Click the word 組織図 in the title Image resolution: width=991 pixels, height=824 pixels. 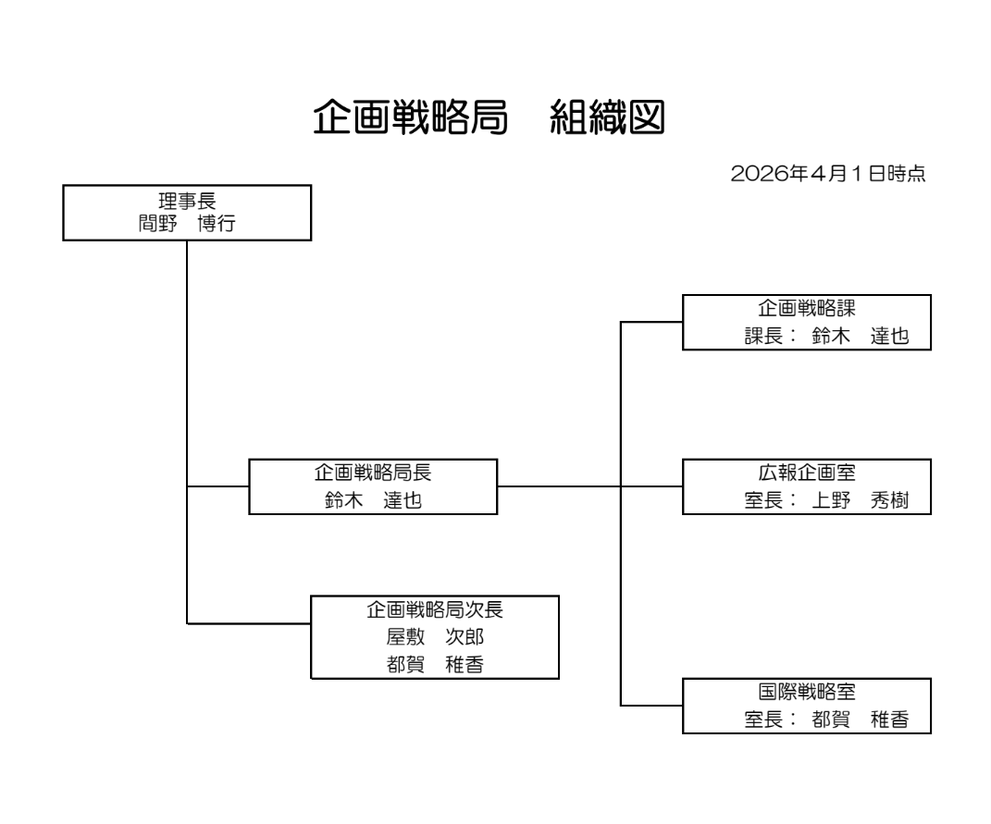[607, 118]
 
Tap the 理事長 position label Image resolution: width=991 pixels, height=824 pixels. [187, 197]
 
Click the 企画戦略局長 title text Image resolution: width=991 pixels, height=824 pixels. [373, 473]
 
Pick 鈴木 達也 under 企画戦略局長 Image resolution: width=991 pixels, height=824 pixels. [373, 499]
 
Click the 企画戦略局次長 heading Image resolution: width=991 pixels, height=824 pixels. [435, 610]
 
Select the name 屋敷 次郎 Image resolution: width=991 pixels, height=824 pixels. [435, 637]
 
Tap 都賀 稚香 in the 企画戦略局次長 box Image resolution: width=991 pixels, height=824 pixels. [435, 663]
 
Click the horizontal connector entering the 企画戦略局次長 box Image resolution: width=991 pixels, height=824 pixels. [248, 621]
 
